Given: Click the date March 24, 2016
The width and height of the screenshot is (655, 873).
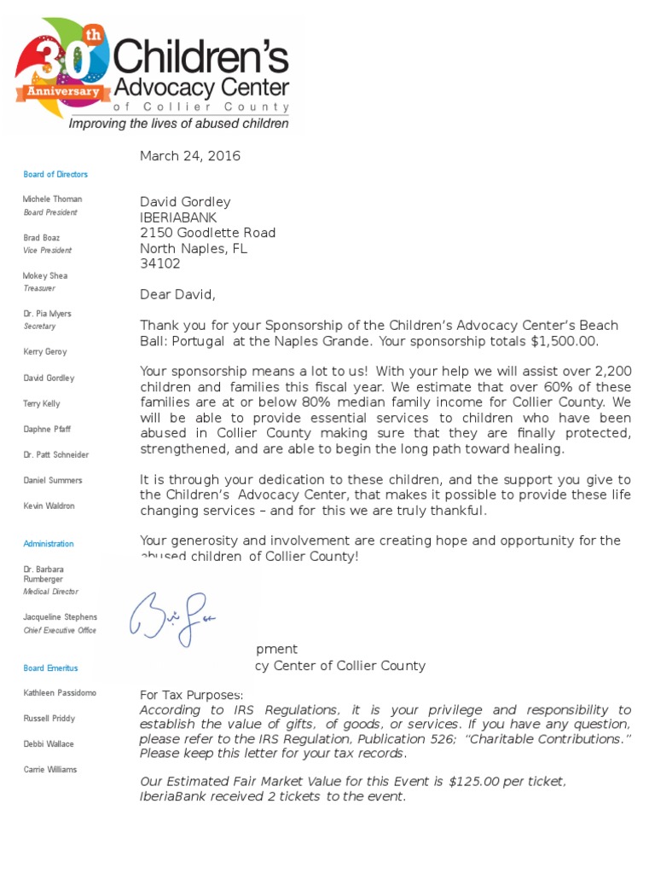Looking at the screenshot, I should pyautogui.click(x=190, y=156).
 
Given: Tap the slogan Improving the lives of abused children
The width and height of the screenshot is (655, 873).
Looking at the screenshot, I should pyautogui.click(x=178, y=124).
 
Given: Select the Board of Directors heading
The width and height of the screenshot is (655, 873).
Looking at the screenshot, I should pyautogui.click(x=55, y=174).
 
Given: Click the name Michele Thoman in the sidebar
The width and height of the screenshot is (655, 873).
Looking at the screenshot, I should pyautogui.click(x=53, y=199).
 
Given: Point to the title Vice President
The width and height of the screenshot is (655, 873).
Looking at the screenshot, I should pyautogui.click(x=48, y=250).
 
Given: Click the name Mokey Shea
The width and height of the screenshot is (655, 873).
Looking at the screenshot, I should pyautogui.click(x=45, y=275).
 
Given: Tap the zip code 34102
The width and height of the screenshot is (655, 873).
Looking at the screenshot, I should pyautogui.click(x=160, y=263).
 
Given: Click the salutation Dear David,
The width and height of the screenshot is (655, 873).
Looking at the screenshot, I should pyautogui.click(x=178, y=295).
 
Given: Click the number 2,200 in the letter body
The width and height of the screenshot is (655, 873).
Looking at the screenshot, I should pyautogui.click(x=612, y=372).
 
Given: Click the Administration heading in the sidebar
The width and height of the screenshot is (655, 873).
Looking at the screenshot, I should pyautogui.click(x=49, y=543).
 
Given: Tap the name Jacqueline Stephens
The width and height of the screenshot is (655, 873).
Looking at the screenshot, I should pyautogui.click(x=61, y=616).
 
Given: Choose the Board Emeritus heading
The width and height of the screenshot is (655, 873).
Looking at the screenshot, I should pyautogui.click(x=50, y=668).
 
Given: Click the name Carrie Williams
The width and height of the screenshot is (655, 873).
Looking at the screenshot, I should pyautogui.click(x=50, y=769).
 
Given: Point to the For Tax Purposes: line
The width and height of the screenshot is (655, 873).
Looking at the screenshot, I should pyautogui.click(x=192, y=695).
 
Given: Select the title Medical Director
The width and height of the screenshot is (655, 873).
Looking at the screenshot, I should pyautogui.click(x=51, y=591).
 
